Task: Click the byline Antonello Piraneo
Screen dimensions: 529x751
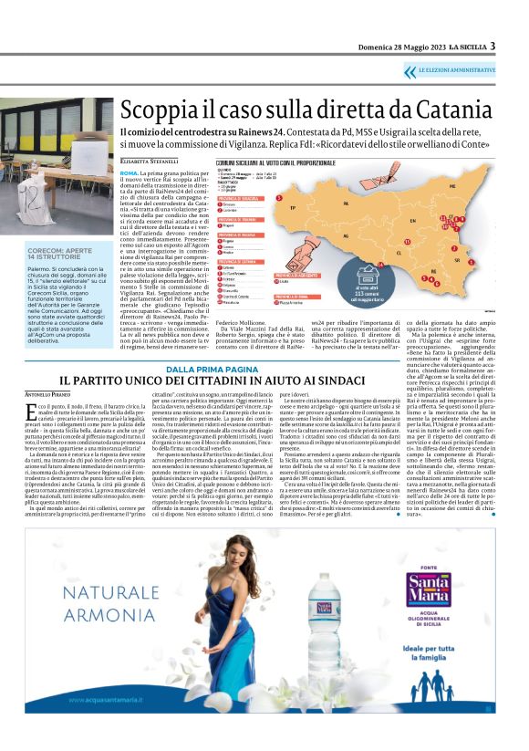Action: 48,393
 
